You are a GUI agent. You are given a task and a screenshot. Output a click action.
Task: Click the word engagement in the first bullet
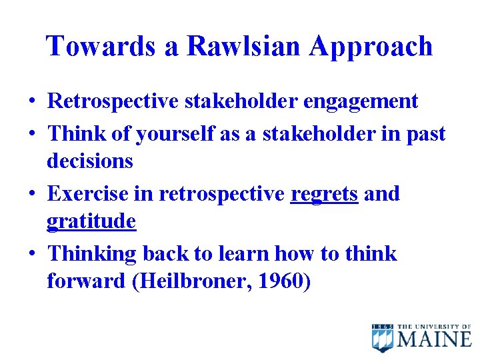pos(361,101)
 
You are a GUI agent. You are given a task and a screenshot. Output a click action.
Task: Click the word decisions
pos(90,161)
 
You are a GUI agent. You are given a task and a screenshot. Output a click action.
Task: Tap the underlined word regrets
pos(325,195)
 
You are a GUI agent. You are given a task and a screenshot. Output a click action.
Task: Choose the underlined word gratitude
pos(91,221)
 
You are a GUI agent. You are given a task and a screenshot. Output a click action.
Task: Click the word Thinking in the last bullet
pos(92,254)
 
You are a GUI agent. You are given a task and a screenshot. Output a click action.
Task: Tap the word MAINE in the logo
pos(435,340)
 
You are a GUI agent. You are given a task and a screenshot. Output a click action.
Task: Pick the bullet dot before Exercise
pos(32,195)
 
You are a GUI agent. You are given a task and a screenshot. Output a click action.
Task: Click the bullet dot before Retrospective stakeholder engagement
pos(32,101)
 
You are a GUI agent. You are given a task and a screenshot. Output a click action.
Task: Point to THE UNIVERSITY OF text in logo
pos(435,327)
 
